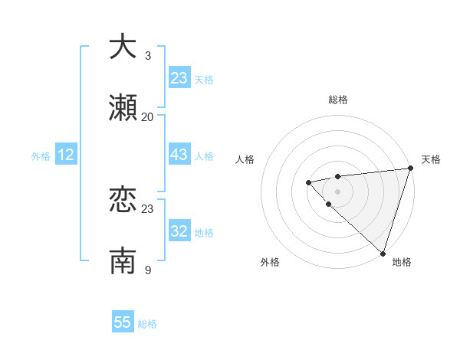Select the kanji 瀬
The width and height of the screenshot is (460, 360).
[123, 108]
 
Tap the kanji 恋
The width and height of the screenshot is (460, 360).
[123, 200]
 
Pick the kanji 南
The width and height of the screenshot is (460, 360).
[123, 261]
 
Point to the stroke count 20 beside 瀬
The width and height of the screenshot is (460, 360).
[148, 116]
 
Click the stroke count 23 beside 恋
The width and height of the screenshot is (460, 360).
[148, 208]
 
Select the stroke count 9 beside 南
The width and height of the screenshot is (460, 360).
[148, 270]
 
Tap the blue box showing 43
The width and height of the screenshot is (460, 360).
[179, 155]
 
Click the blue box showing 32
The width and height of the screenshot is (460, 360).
[179, 232]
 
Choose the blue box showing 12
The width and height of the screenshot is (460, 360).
[65, 155]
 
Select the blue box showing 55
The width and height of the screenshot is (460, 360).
[123, 322]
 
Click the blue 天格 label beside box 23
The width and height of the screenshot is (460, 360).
[204, 80]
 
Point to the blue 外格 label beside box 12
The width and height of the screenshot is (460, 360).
[41, 156]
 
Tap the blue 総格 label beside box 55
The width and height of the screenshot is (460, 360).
[147, 324]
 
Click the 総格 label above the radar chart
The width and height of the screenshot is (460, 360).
[338, 100]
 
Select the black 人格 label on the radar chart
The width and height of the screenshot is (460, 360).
[245, 159]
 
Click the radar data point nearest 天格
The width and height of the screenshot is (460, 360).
[410, 169]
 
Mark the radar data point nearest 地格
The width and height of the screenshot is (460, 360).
[383, 253]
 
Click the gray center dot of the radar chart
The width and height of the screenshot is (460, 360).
[337, 191]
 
